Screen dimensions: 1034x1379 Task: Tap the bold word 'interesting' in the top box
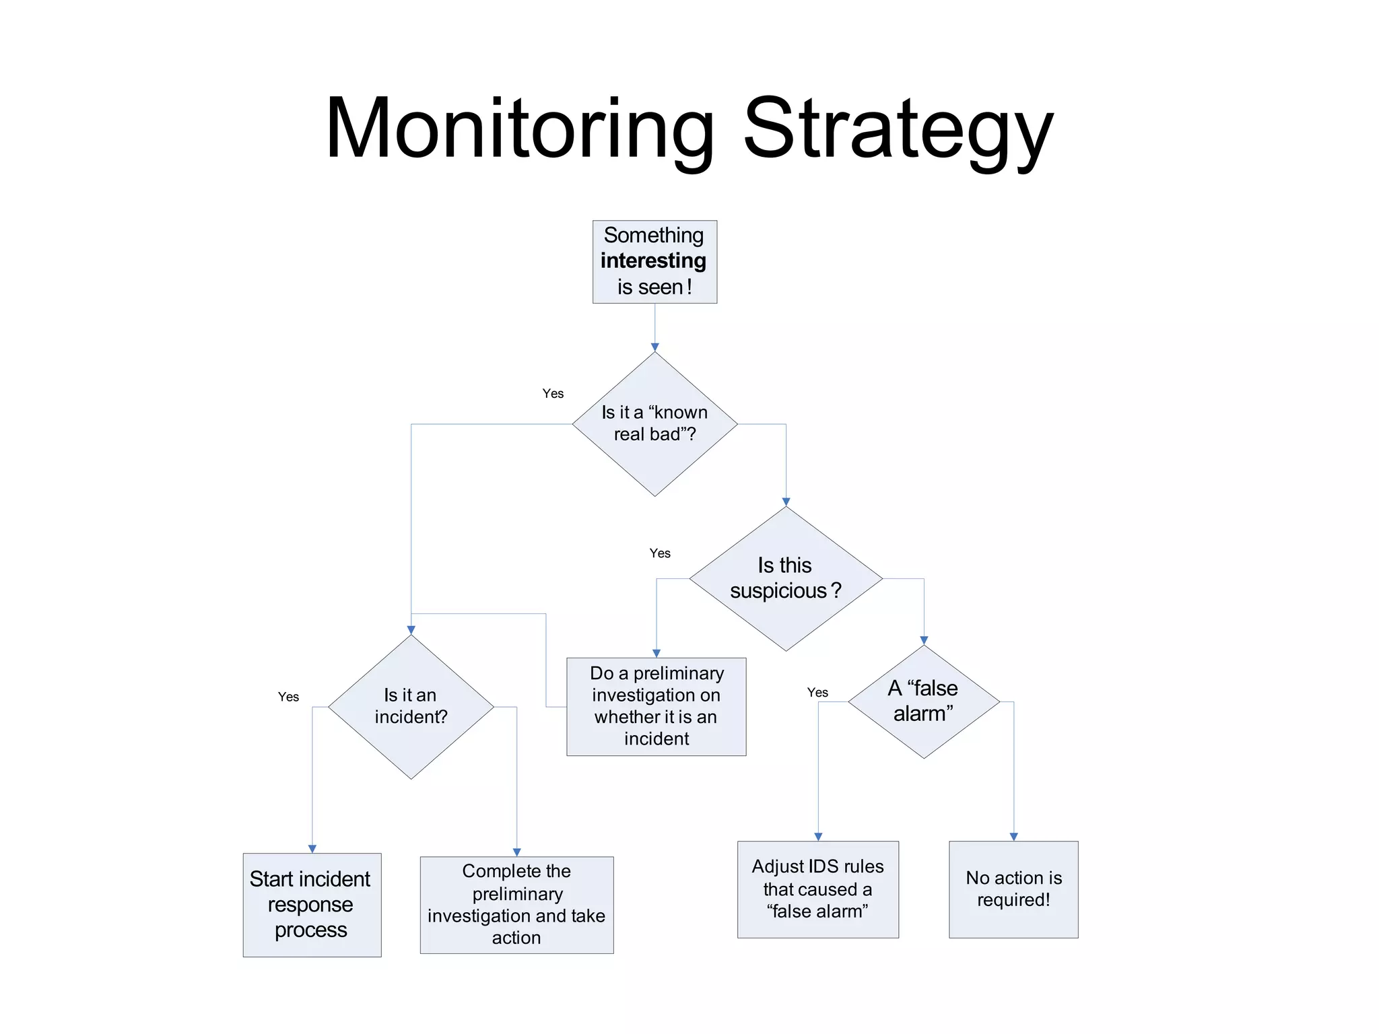point(653,261)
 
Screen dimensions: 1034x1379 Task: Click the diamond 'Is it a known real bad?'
point(654,424)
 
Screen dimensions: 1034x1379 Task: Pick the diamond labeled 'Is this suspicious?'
point(785,578)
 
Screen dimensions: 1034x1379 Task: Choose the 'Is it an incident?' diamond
point(411,706)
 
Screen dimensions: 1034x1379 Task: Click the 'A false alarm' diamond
point(924,701)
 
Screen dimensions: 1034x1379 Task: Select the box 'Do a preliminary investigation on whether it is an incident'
point(656,706)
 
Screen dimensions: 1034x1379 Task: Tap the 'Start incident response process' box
point(312,905)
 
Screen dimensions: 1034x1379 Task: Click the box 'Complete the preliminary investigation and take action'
point(516,905)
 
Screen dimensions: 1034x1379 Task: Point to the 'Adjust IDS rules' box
point(817,889)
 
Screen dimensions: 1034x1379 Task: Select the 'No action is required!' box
point(1013,889)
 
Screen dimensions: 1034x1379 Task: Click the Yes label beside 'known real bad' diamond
point(553,394)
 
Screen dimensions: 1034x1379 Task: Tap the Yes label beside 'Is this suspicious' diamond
point(660,553)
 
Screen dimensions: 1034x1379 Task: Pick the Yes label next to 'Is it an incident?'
point(288,697)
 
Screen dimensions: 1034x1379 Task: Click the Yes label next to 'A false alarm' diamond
point(817,692)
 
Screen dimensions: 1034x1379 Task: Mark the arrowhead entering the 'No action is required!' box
point(1013,837)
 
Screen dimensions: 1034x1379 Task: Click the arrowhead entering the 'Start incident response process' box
point(312,849)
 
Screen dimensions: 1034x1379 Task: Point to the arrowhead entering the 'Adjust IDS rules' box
point(818,837)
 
